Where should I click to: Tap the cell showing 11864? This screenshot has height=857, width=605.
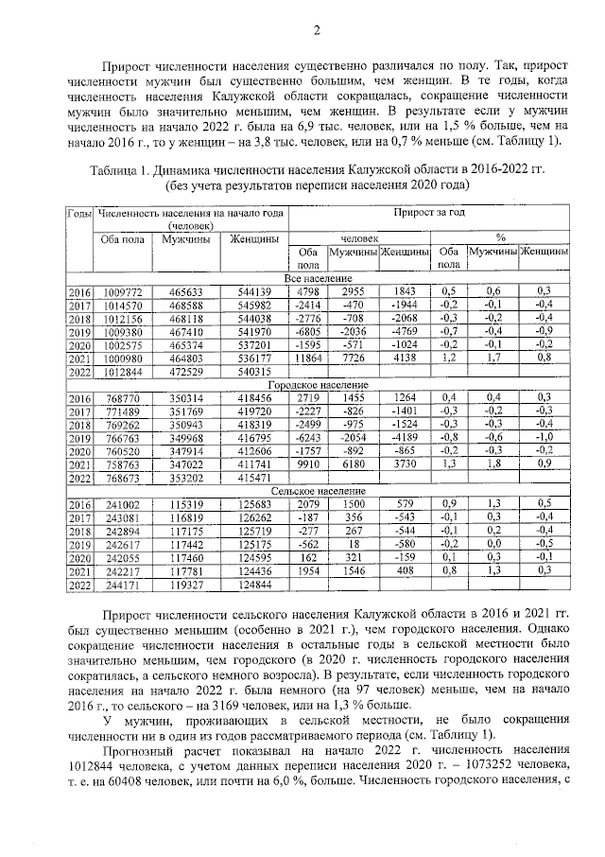tap(307, 359)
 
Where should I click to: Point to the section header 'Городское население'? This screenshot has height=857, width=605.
tap(319, 386)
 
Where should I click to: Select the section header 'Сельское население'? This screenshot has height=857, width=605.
tap(319, 493)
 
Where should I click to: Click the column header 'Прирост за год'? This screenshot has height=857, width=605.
tap(430, 213)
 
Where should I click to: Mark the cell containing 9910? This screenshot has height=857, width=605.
tap(309, 466)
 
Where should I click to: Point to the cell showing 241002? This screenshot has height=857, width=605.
tap(123, 506)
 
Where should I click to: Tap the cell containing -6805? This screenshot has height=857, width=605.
tap(307, 332)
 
